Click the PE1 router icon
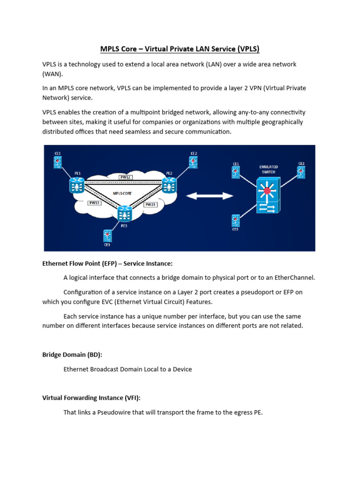[x=76, y=185]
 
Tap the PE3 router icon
[x=125, y=213]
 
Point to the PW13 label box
[x=94, y=203]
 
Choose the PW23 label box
[x=150, y=205]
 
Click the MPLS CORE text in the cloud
[x=122, y=193]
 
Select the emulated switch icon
[x=268, y=196]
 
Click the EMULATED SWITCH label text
[x=269, y=169]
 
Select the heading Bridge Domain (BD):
[x=72, y=355]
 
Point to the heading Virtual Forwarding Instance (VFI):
[x=91, y=398]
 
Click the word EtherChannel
[x=297, y=277]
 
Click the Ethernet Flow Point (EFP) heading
[x=111, y=263]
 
